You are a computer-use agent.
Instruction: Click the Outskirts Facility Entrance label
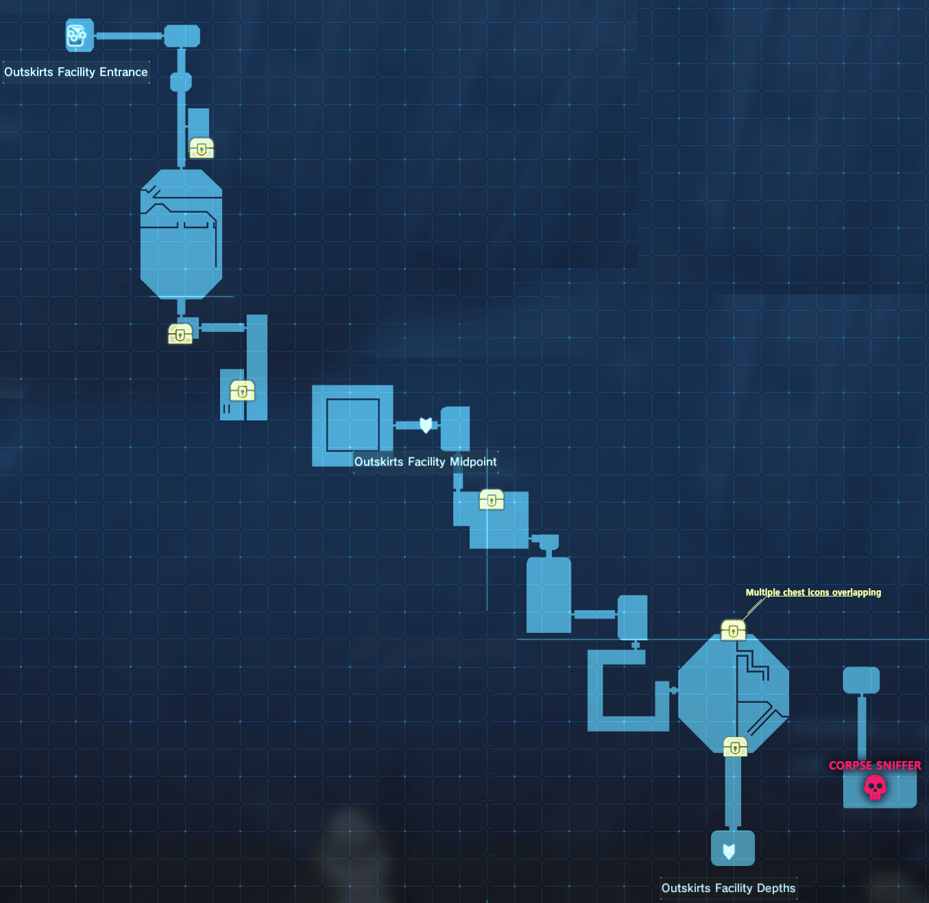76,72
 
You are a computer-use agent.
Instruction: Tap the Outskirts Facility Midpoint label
425,461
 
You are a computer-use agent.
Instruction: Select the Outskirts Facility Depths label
728,888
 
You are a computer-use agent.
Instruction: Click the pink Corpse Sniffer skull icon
875,787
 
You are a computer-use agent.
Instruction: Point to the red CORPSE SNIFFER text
875,765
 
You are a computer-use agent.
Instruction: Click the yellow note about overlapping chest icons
813,592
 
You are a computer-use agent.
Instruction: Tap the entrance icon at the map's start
79,36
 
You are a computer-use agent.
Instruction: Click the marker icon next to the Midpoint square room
426,425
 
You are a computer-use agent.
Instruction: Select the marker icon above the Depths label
729,851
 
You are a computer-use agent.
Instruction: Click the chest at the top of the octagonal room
733,629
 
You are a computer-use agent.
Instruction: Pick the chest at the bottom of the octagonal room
735,747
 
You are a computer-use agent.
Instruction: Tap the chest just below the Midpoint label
492,499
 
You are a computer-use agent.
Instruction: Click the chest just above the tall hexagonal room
202,147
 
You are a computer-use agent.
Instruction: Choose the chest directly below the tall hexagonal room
180,334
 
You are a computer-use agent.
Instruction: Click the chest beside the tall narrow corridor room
242,391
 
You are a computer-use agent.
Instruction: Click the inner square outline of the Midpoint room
353,425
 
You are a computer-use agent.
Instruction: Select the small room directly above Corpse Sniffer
861,680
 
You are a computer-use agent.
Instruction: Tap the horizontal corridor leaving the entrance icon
129,36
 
